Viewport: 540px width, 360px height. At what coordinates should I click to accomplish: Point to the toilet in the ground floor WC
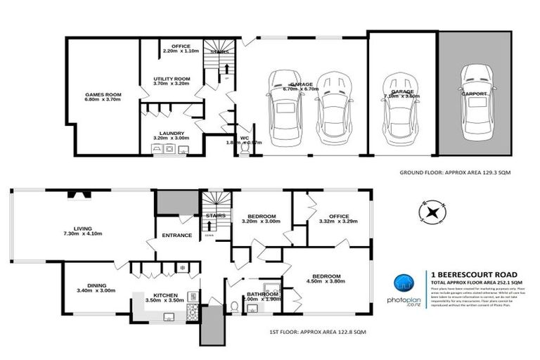pos(244,150)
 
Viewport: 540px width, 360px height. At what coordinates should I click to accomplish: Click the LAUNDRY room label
pos(172,133)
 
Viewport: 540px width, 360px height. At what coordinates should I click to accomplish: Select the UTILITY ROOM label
pos(172,79)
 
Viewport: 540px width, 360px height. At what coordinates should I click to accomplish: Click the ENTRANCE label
pos(177,235)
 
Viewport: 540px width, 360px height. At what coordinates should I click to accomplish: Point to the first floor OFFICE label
pos(329,216)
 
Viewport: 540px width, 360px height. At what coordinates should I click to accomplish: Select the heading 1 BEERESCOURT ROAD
pos(476,274)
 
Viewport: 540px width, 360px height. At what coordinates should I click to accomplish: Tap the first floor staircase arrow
pos(210,226)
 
